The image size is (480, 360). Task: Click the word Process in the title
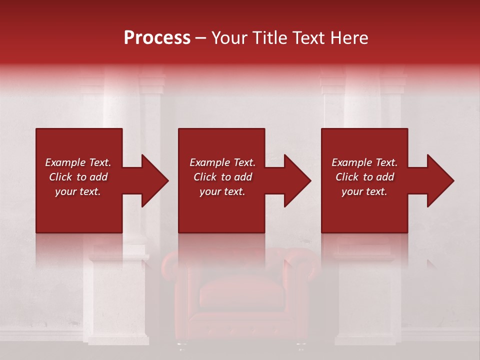157,38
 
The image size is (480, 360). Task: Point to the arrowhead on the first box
152,180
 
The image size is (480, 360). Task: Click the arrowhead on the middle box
294,180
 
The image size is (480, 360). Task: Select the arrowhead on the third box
437,180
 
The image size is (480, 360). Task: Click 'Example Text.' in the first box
78,162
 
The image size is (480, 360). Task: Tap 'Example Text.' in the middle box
222,162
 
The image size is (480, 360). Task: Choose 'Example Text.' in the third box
364,162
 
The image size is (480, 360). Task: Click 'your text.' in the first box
78,191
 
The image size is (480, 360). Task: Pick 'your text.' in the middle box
222,191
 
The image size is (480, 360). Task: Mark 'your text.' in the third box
364,191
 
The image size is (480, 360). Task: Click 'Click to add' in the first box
78,177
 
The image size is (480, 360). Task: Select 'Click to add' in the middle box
222,177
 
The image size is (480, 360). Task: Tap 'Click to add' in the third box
364,177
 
